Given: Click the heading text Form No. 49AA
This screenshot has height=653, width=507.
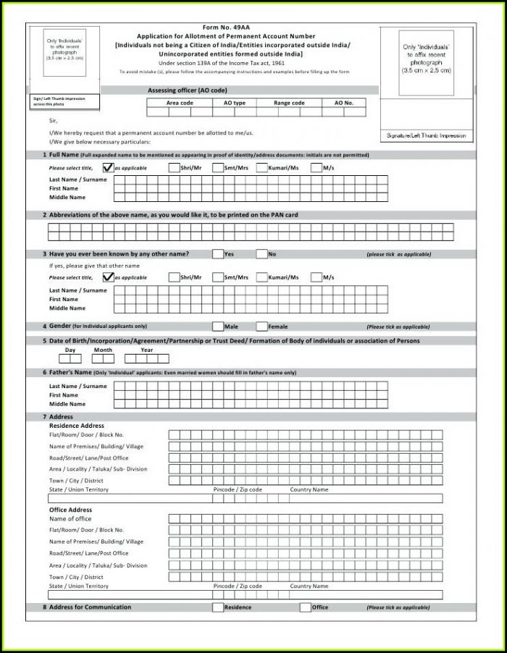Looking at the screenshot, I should [x=226, y=28].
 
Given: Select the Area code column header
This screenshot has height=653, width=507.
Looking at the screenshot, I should [x=179, y=103].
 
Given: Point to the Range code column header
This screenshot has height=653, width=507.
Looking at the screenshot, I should [x=289, y=103].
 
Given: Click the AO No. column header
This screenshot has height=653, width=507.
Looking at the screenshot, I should [x=343, y=103].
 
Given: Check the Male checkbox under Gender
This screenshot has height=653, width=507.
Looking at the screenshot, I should [x=217, y=326].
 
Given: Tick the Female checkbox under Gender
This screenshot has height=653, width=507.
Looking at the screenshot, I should [x=261, y=326].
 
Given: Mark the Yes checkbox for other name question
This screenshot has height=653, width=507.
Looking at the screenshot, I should [x=217, y=254].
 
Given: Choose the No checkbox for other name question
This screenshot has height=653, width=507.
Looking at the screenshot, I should [x=261, y=254].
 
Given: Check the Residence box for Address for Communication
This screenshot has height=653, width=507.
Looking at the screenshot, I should [x=217, y=607].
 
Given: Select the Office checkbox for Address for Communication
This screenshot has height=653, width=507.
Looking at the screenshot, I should [x=305, y=607].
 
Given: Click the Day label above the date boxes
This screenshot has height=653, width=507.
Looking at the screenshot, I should [x=70, y=350].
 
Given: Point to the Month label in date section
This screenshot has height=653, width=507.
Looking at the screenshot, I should [x=103, y=350].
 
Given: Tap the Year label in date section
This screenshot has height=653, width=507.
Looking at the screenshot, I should [x=146, y=350].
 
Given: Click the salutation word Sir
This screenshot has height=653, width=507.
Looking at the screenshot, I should [x=53, y=120].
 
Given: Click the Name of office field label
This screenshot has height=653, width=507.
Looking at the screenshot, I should [x=70, y=519].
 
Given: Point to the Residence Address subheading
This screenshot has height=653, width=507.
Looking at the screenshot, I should [x=77, y=426].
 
